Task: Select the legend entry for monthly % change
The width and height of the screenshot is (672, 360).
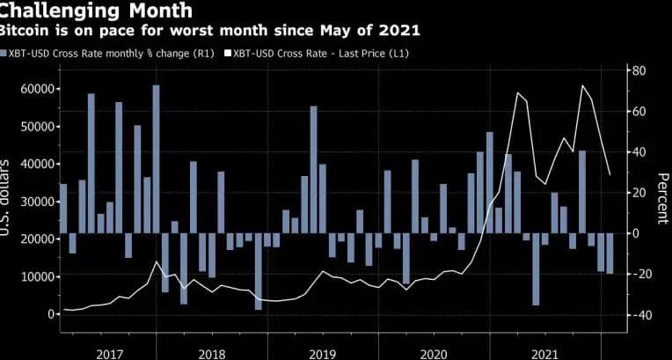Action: click(x=106, y=53)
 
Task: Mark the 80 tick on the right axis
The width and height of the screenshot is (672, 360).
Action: click(x=639, y=70)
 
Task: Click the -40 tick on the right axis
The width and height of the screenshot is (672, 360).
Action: click(x=639, y=315)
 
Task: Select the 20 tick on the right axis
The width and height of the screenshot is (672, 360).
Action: click(x=639, y=193)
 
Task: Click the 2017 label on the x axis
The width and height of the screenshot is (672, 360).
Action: click(x=108, y=353)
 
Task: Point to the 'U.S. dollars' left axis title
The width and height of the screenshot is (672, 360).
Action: click(x=6, y=199)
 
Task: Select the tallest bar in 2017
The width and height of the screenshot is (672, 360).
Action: click(x=156, y=158)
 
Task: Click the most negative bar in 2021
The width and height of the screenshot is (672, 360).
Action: click(x=536, y=268)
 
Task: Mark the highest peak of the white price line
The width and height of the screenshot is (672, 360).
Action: click(x=581, y=85)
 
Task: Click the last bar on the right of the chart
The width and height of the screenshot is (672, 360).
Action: click(x=610, y=253)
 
